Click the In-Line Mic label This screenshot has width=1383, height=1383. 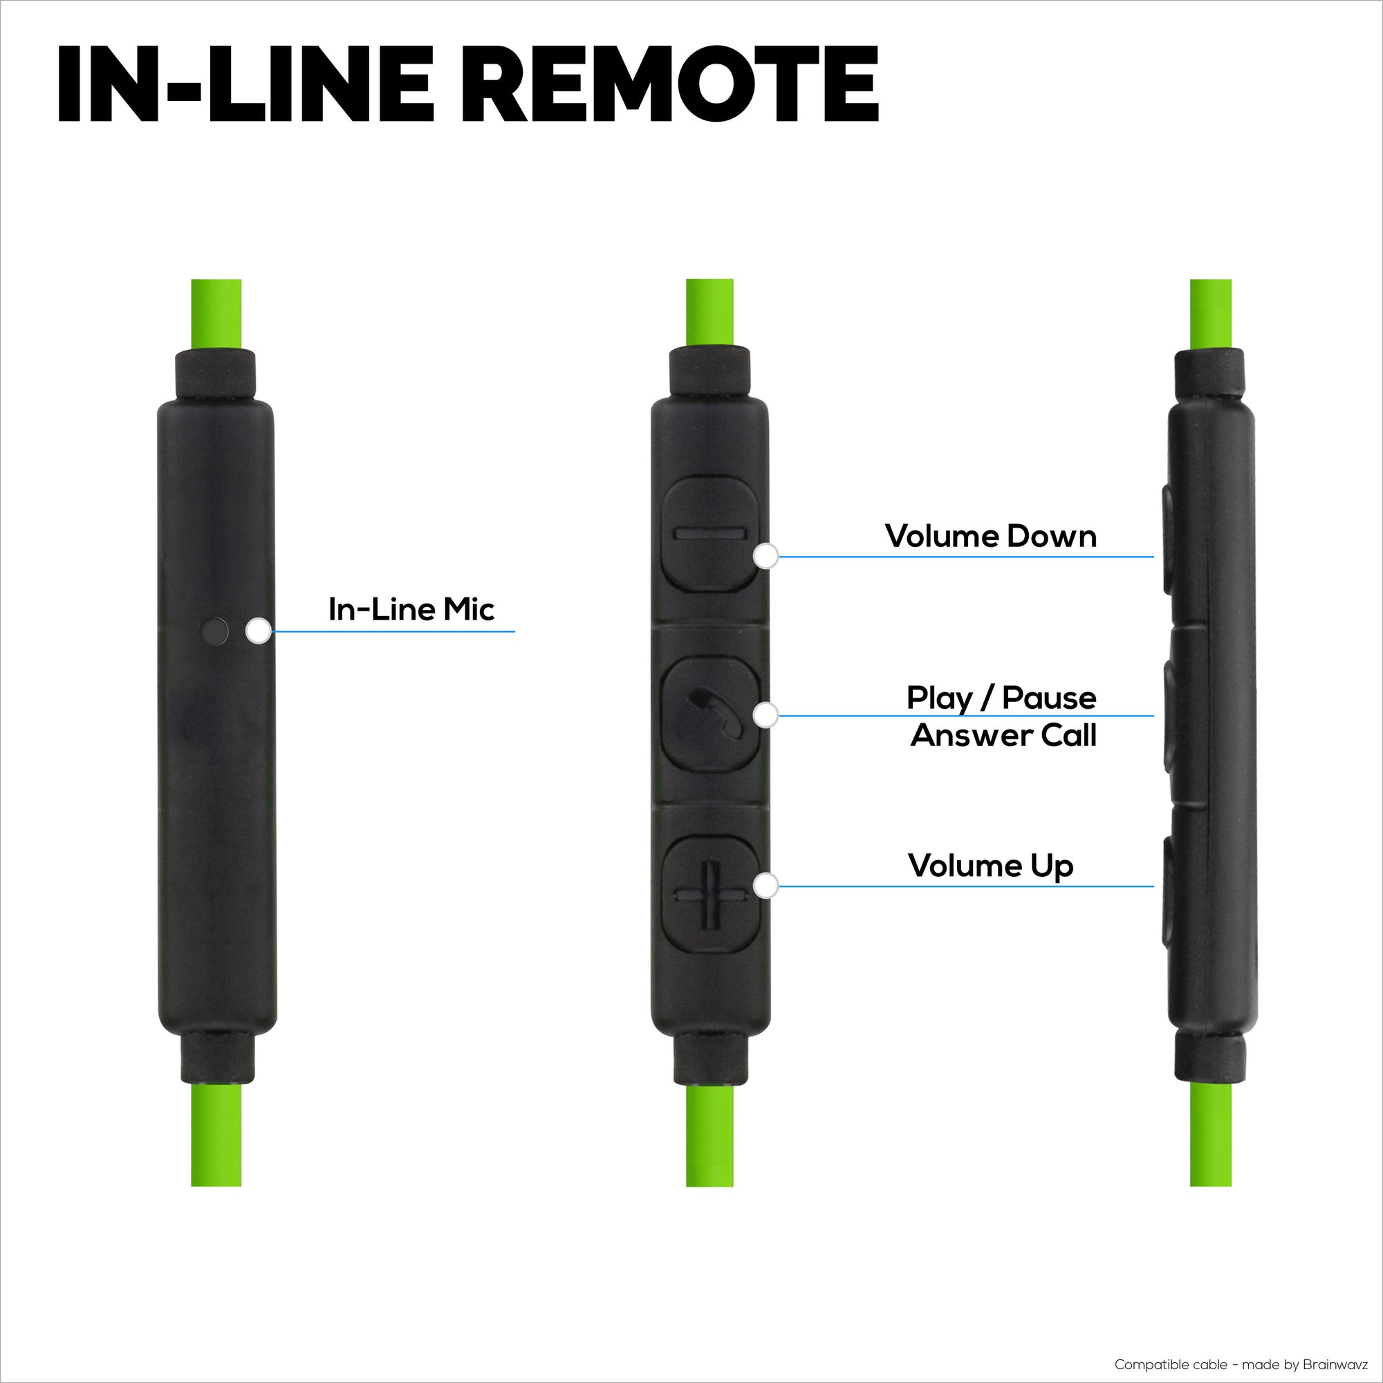coord(411,609)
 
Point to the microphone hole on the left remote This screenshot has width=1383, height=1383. coord(214,631)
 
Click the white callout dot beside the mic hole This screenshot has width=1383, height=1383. coord(258,631)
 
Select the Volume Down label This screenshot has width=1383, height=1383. coord(990,536)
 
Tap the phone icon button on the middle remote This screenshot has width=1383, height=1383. coord(709,714)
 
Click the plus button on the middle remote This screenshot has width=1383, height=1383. coord(709,894)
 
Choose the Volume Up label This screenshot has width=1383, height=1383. coord(990,866)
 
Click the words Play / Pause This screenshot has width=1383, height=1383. coord(1001,698)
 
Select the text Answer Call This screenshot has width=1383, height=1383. coord(1003,735)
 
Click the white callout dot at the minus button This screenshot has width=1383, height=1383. coord(766,556)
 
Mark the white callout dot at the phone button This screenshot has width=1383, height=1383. coord(766,714)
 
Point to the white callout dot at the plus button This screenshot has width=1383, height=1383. coord(766,886)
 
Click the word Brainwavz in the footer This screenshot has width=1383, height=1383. coord(1335,1364)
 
